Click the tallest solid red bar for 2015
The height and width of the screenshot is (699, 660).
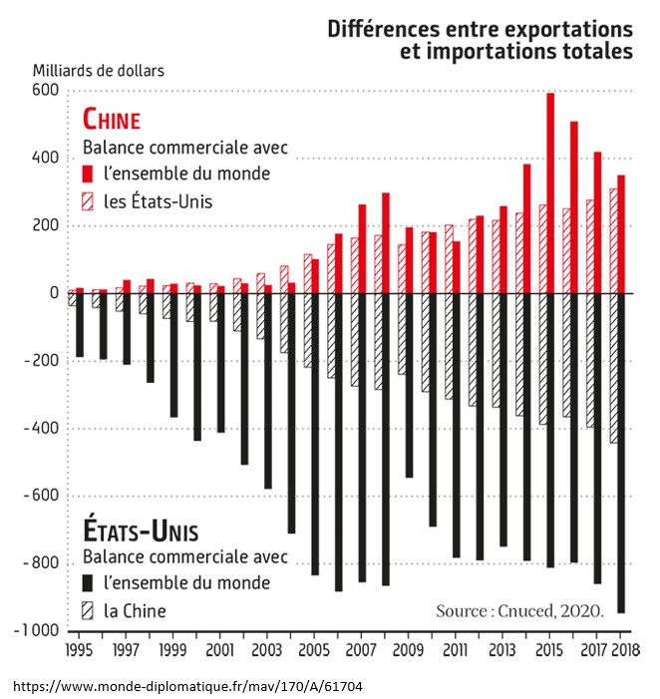[x=550, y=193]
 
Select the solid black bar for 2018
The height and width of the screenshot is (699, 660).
[x=621, y=454]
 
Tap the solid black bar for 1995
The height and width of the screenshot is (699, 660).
[x=80, y=325]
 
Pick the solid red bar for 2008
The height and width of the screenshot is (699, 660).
[x=386, y=243]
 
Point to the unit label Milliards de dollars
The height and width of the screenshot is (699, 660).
[x=98, y=70]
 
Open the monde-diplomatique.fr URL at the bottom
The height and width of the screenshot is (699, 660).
[x=187, y=687]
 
